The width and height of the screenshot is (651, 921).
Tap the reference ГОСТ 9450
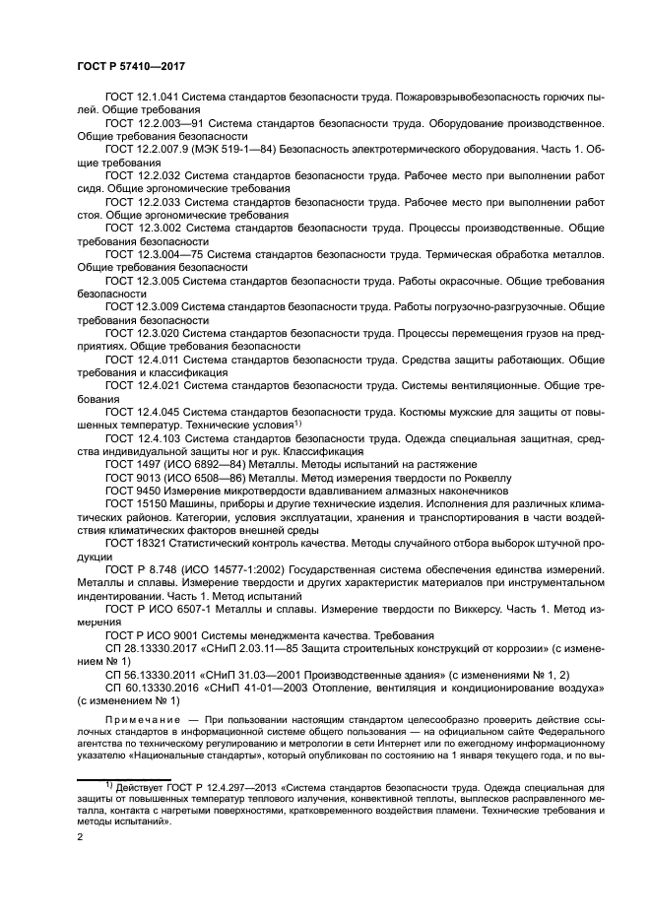click(x=133, y=490)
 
